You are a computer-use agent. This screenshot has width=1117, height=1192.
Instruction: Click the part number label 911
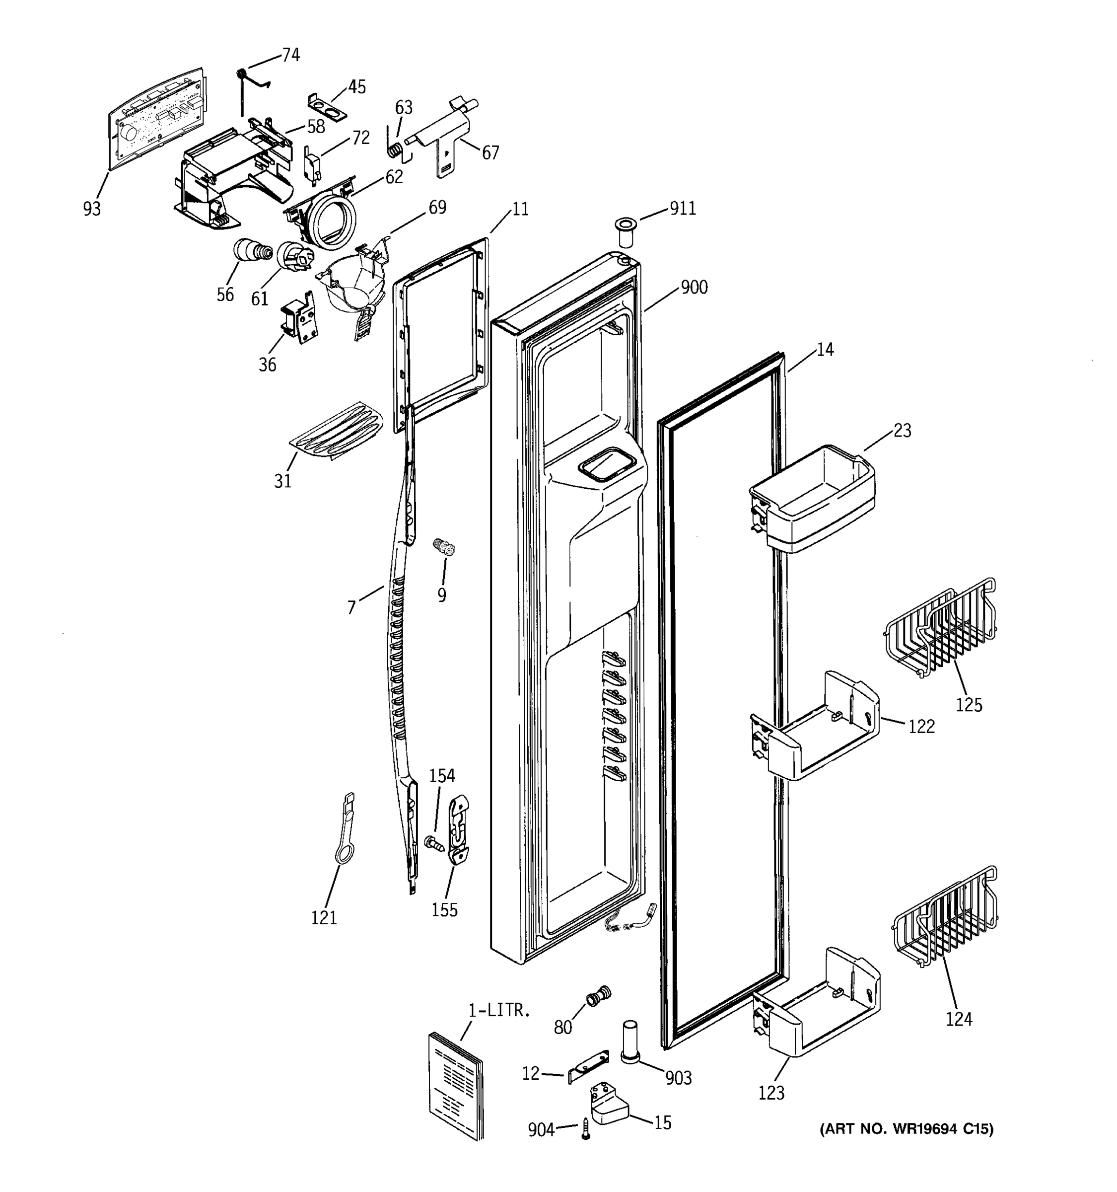point(683,209)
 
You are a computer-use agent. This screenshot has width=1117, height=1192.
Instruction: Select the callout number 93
point(92,209)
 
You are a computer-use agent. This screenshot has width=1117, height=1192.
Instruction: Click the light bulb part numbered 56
point(249,250)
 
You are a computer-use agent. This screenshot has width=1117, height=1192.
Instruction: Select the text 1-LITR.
point(498,1010)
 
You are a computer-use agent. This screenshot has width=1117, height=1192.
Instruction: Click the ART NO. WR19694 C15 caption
point(906,1129)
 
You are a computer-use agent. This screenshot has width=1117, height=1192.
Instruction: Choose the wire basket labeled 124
point(946,917)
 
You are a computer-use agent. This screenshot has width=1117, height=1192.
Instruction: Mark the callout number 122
point(921,726)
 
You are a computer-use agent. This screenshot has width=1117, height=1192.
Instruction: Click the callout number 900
point(694,287)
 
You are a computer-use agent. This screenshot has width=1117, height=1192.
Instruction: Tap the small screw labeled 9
point(444,548)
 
